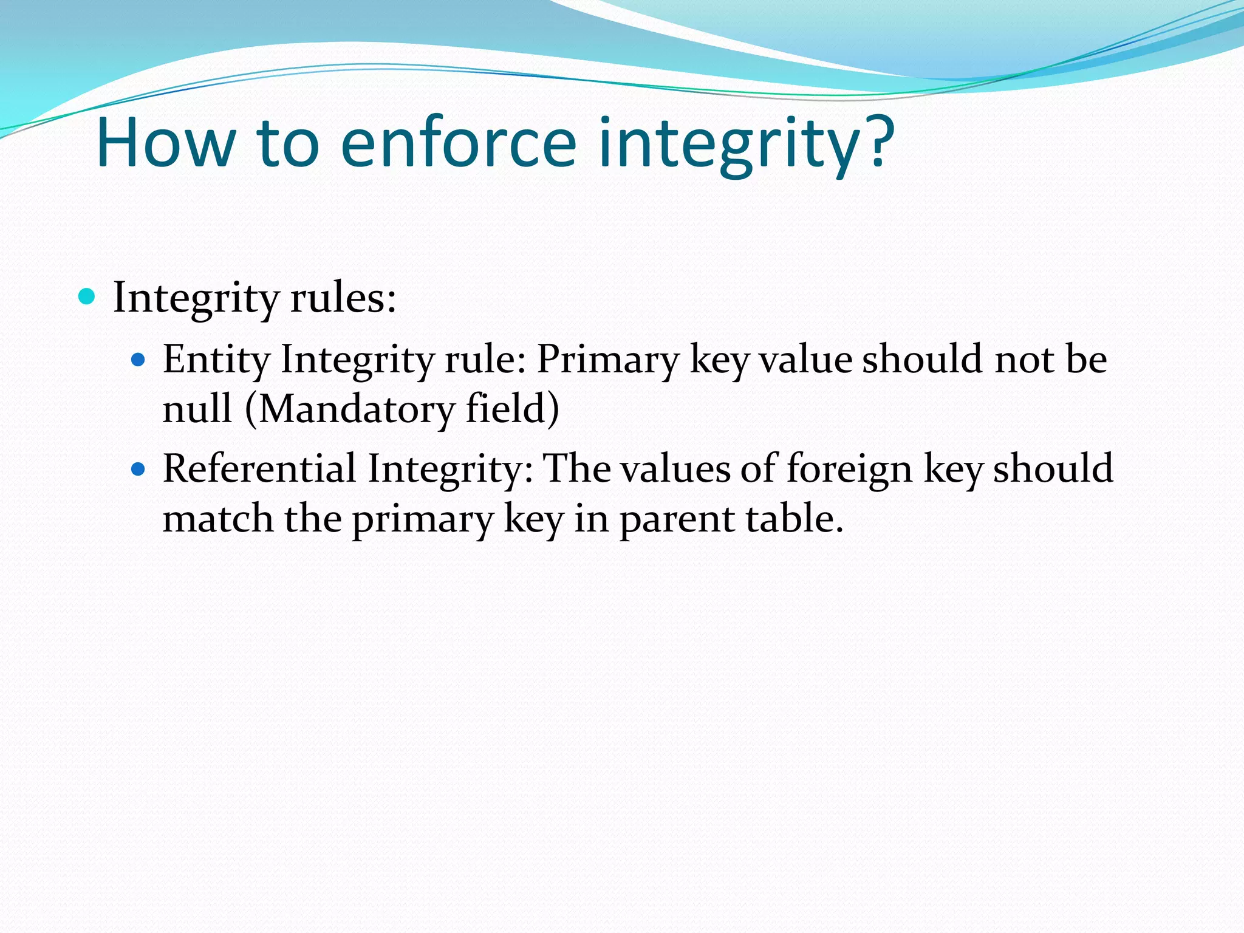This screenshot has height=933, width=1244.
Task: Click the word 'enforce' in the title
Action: (458, 143)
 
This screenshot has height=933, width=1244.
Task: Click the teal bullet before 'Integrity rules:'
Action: (87, 297)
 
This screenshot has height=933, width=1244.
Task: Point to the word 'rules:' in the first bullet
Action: (343, 298)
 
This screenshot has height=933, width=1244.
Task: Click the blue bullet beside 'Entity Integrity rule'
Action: (139, 360)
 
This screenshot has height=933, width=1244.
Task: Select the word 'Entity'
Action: (216, 360)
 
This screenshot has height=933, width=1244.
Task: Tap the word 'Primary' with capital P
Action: (608, 360)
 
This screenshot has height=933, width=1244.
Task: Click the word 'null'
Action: (197, 408)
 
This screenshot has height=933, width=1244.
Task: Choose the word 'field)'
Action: (512, 408)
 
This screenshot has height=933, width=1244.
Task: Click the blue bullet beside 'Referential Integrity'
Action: (139, 470)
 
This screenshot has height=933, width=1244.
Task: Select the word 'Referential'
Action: (259, 469)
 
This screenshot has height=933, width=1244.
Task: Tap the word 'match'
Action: (217, 519)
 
